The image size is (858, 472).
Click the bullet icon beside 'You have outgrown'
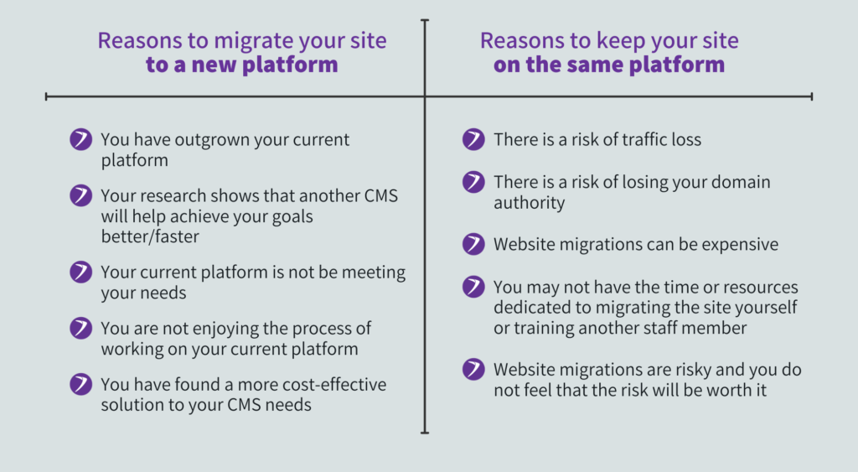click(81, 140)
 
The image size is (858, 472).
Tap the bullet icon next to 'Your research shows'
click(81, 196)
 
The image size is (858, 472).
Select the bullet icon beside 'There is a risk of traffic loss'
click(473, 140)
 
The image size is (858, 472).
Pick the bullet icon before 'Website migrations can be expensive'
click(473, 245)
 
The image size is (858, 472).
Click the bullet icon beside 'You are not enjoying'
click(81, 328)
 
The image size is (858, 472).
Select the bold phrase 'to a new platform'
click(242, 65)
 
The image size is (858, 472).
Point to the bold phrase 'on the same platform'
click(609, 65)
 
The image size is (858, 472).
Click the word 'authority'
click(529, 203)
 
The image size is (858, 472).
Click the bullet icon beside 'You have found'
click(81, 385)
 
